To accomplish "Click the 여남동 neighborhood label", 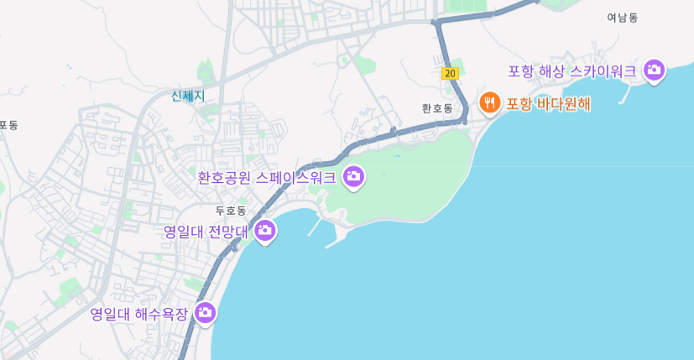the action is pos(623,18).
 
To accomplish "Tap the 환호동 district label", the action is pos(437,108).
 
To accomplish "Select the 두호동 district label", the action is pos(231,211).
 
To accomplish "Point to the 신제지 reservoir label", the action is pos(188,96).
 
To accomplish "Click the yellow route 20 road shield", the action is pos(451,74).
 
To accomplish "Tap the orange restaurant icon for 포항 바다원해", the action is pos(489,103).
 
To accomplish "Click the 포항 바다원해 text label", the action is pos(548,104).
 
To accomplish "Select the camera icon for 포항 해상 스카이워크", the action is pos(654,70).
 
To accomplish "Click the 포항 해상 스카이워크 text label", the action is pos(572,71).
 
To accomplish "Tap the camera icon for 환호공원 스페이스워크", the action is pos(354,176).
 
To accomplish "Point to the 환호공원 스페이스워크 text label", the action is pos(267,178).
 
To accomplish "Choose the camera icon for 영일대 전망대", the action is pos(265,230).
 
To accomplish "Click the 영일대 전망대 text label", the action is pos(206,231).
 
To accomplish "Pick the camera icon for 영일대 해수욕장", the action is pos(205,313).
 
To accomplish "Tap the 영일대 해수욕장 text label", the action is pos(139,315).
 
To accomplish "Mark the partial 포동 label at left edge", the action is pos(8,125).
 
